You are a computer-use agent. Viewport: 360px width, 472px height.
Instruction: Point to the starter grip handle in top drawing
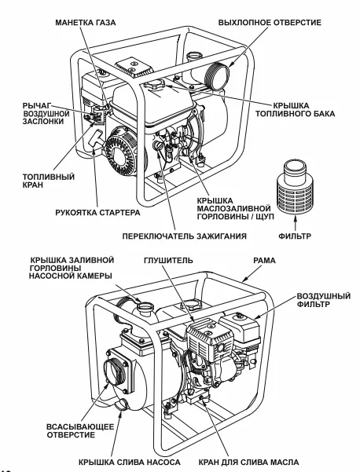coord(95,143)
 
